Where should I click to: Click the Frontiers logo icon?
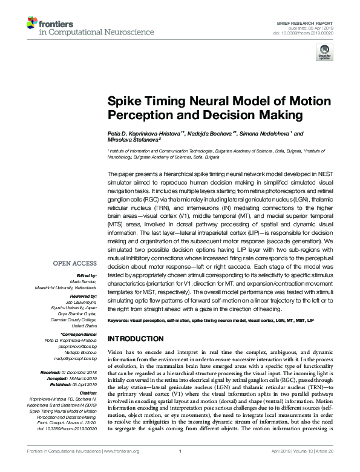click(x=31, y=24)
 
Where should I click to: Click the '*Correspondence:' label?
click(x=79, y=335)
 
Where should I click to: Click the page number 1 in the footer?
click(x=180, y=468)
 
